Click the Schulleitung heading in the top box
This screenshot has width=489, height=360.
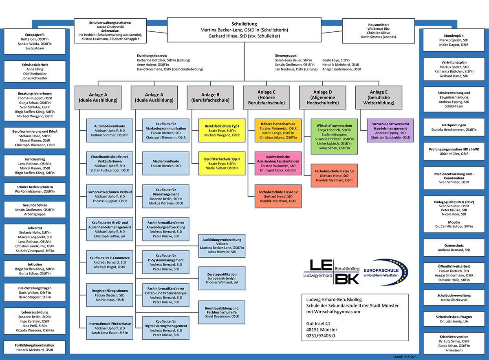pos(244,24)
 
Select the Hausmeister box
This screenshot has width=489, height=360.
pos(378,31)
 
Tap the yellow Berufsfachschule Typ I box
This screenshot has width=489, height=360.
pos(222,130)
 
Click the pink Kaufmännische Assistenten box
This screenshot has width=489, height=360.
pos(278,163)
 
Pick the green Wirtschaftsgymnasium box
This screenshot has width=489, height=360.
pos(334,136)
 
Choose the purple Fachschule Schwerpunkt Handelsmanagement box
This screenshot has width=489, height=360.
pos(390,130)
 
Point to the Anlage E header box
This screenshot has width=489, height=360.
pos(379,97)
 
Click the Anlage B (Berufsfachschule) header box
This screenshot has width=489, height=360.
pos(210,97)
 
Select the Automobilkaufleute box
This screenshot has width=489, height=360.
pos(110,130)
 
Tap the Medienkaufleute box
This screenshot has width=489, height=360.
pos(166,163)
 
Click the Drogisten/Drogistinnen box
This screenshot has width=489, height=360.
pos(110,295)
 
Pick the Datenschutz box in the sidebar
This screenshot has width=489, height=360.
pos(454,248)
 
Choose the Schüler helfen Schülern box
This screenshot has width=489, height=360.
pos(35,189)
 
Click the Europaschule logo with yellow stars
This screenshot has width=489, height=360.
pos(385,272)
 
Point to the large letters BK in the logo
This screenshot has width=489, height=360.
pos(347,279)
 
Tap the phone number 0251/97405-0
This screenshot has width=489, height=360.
pos(320,336)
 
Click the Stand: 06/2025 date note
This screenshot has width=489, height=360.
pos(405,357)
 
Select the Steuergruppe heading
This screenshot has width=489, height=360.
pos(286,56)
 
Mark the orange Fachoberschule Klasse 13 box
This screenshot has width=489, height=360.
pos(334,176)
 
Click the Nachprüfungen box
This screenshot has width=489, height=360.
pos(454,127)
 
